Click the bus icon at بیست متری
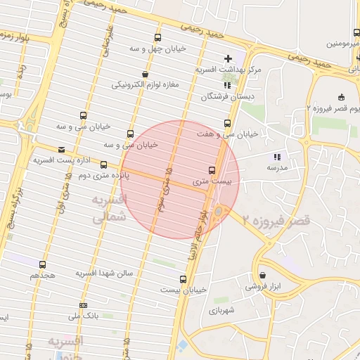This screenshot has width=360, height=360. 212,170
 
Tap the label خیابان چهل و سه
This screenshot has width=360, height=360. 153,49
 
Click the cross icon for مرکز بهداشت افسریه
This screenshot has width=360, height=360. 226,58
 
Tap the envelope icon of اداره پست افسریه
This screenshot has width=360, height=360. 62,149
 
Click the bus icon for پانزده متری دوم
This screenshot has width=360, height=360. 104,165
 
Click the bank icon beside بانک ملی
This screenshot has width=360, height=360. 84,305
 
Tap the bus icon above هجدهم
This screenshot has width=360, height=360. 42,265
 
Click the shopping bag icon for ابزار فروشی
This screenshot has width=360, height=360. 262,275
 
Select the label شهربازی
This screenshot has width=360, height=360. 225,309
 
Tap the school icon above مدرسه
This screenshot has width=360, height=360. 277,157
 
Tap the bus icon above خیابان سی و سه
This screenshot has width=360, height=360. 84,116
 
